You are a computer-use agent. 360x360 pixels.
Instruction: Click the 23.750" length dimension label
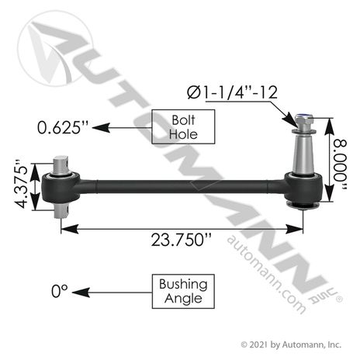click(x=181, y=240)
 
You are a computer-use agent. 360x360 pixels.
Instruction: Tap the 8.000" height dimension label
click(x=340, y=165)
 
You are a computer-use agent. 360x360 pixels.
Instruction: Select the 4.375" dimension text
click(x=21, y=184)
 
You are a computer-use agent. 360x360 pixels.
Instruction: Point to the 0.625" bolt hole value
click(x=63, y=127)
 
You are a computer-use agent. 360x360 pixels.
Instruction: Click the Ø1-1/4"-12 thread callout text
click(x=232, y=92)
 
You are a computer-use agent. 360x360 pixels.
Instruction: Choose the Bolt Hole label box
click(x=183, y=126)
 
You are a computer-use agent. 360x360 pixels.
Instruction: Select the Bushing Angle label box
click(x=183, y=291)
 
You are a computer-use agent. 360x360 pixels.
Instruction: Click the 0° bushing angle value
click(x=60, y=291)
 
